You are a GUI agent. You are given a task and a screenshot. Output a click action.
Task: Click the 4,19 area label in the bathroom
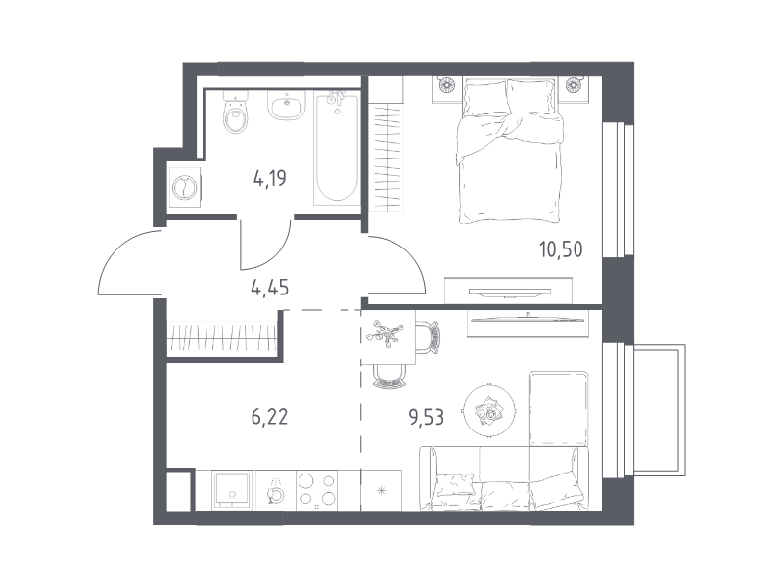point(270,178)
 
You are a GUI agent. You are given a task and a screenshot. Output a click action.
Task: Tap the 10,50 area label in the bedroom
point(561,249)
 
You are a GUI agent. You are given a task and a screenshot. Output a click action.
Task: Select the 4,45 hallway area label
point(270,288)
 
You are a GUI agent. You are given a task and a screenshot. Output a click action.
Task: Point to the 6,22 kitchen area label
point(270,417)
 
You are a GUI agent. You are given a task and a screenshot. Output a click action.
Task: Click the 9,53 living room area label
point(427,417)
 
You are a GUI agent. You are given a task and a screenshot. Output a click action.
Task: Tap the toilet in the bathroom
point(235,113)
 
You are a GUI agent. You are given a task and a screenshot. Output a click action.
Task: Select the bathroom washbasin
point(286,106)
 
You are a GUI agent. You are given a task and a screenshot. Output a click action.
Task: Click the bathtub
point(337,149)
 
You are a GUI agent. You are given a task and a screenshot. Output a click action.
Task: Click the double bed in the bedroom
point(509,150)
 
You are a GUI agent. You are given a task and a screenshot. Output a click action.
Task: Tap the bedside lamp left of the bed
point(445,85)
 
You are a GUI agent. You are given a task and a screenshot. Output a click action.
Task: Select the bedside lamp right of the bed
point(574,85)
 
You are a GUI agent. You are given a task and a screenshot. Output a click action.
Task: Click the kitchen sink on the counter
point(232,490)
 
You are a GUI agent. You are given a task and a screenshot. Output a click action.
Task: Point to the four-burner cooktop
point(316,490)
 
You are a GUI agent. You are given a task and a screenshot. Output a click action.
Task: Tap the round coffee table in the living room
point(488,409)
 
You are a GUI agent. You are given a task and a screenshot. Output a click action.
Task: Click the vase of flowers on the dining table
point(385,334)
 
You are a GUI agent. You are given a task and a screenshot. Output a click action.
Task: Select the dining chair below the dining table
point(390,377)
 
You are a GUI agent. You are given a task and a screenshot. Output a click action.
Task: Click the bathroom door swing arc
point(280,254)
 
